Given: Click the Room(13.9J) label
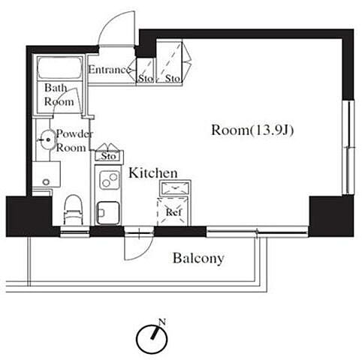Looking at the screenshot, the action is coord(252,130).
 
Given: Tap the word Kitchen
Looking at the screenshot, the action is coord(153,173).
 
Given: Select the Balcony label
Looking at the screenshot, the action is coord(198,259).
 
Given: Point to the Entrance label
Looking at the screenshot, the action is coord(110,70).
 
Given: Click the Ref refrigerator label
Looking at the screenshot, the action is coord(173,212).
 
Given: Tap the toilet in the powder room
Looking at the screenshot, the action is coord(74,210).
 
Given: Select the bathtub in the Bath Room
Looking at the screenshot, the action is coord(59,68).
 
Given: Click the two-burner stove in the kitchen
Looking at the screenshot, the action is coord(109,180).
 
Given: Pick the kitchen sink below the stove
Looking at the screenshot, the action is coord(108,213).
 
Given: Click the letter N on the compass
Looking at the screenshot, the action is coord(162,322).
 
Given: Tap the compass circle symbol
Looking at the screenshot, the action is coord(152,339).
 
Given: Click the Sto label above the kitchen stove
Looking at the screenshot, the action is coord(109,156).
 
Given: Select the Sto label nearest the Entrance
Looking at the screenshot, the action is coord(146,79).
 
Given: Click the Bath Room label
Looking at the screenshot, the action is coord(59,94).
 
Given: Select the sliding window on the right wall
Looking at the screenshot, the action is coord(348,147).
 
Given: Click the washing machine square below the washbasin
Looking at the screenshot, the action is coord(47,174).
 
